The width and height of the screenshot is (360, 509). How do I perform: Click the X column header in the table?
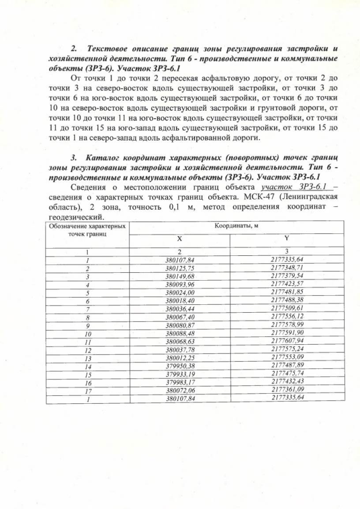tap(179, 238)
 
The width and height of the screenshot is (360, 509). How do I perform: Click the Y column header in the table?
tap(287, 238)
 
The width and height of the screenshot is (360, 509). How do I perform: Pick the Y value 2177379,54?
tap(287, 277)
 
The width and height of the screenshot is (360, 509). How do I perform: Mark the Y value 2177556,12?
tap(287, 317)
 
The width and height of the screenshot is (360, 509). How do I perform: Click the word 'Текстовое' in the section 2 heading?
tap(107, 49)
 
